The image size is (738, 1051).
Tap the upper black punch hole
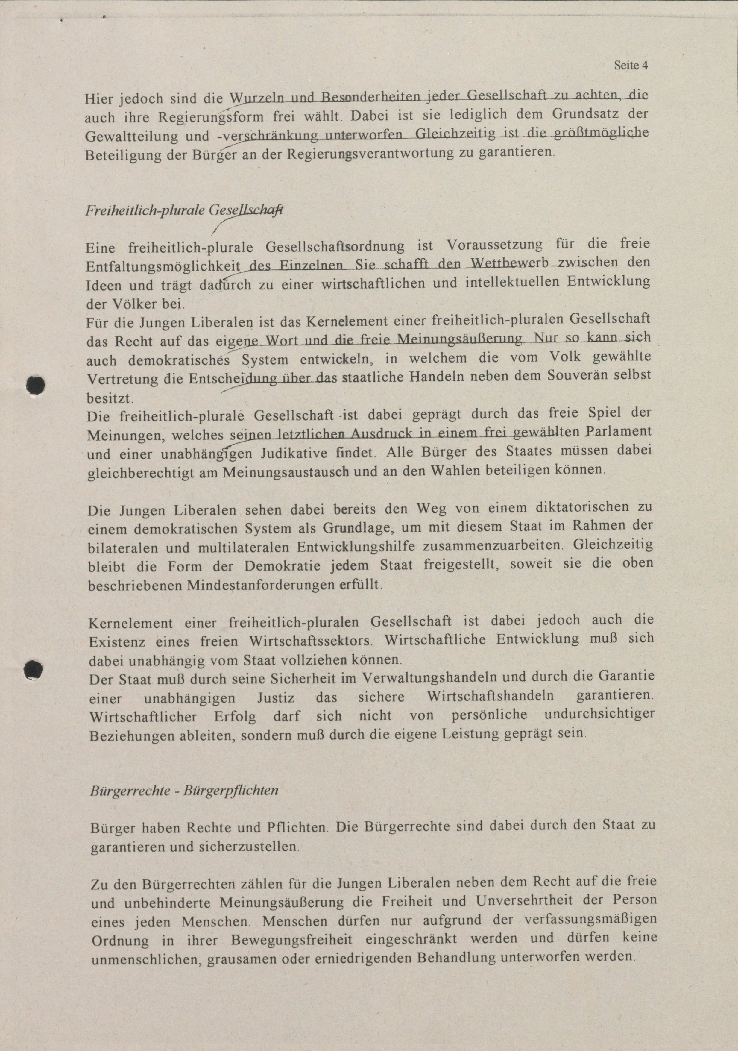pyautogui.click(x=35, y=385)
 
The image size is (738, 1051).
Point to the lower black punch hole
pyautogui.click(x=34, y=670)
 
